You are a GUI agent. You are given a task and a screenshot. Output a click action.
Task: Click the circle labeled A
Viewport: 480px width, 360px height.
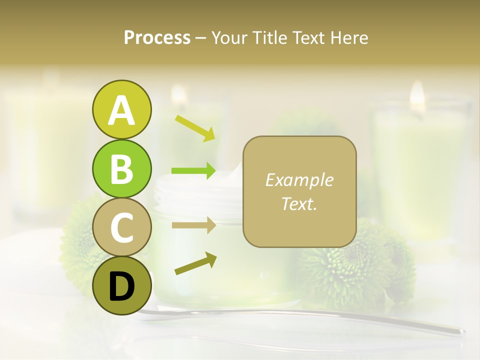click(x=121, y=110)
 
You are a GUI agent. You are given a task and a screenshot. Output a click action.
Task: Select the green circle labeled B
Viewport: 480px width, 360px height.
click(x=121, y=168)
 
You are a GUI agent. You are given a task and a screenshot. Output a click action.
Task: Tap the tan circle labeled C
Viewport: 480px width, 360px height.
click(x=121, y=227)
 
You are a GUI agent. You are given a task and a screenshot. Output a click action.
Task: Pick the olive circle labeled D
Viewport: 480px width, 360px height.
click(x=121, y=285)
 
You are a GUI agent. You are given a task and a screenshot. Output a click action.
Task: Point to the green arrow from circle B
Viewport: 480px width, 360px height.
click(x=193, y=171)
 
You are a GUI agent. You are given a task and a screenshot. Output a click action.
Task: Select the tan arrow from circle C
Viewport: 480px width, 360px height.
click(x=193, y=225)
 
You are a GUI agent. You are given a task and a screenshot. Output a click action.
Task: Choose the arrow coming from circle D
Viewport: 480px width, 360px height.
click(x=195, y=263)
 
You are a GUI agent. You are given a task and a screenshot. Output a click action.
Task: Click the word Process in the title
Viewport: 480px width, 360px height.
click(x=157, y=37)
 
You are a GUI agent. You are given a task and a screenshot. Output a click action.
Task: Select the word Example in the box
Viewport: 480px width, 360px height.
click(x=299, y=180)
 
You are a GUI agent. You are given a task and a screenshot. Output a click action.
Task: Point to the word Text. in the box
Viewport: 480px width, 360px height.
click(x=299, y=203)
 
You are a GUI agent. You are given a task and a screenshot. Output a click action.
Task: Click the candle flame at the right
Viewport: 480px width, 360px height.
click(x=417, y=95)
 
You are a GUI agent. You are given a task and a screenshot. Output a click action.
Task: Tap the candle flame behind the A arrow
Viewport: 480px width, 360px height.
click(x=178, y=95)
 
